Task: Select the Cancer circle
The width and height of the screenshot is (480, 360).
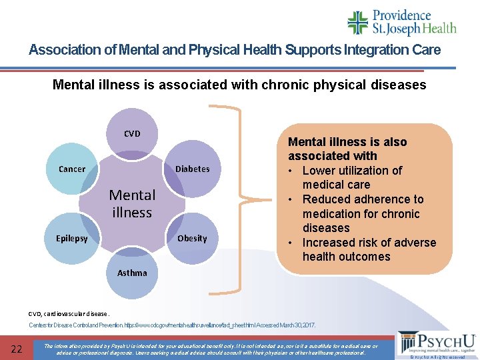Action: point(72,169)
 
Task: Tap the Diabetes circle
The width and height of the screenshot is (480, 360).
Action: point(192,169)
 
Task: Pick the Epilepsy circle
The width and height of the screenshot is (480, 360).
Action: point(72,238)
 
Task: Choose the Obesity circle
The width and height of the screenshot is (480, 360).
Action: point(192,238)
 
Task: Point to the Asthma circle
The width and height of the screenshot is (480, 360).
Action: point(132,273)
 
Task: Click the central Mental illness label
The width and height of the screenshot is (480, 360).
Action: point(132,203)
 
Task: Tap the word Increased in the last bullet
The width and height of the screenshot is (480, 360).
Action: point(331,243)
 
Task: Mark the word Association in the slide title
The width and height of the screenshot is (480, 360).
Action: point(61,50)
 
